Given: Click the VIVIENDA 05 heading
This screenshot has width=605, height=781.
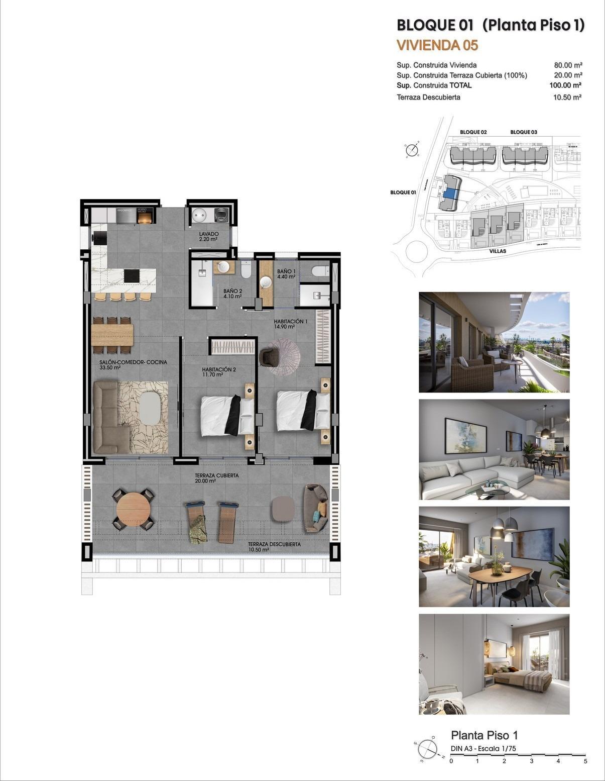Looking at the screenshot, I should pos(437,45).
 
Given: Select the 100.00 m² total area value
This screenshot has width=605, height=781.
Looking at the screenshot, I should pos(565,85).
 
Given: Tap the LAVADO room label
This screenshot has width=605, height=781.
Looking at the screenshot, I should pos(208,234).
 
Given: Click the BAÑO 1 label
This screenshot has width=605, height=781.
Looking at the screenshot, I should pos(287,271).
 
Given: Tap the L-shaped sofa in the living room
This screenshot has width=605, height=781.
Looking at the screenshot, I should pos(108,417).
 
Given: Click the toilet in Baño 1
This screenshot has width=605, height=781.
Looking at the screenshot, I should pos(320,272).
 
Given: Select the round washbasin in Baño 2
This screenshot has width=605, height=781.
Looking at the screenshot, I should pos(225,266).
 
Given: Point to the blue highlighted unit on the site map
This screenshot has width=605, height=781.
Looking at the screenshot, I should pos(450,191).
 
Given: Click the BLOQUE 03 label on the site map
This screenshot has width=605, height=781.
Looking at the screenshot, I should pos(524,132).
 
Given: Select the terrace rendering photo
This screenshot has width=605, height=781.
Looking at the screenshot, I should pos(494,342).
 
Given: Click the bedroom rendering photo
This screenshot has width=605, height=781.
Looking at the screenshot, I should pos(494,664).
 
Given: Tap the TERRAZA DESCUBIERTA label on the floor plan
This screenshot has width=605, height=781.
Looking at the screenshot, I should pos(274,544).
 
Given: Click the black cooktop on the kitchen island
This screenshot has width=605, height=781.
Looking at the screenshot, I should pos(132,275).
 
